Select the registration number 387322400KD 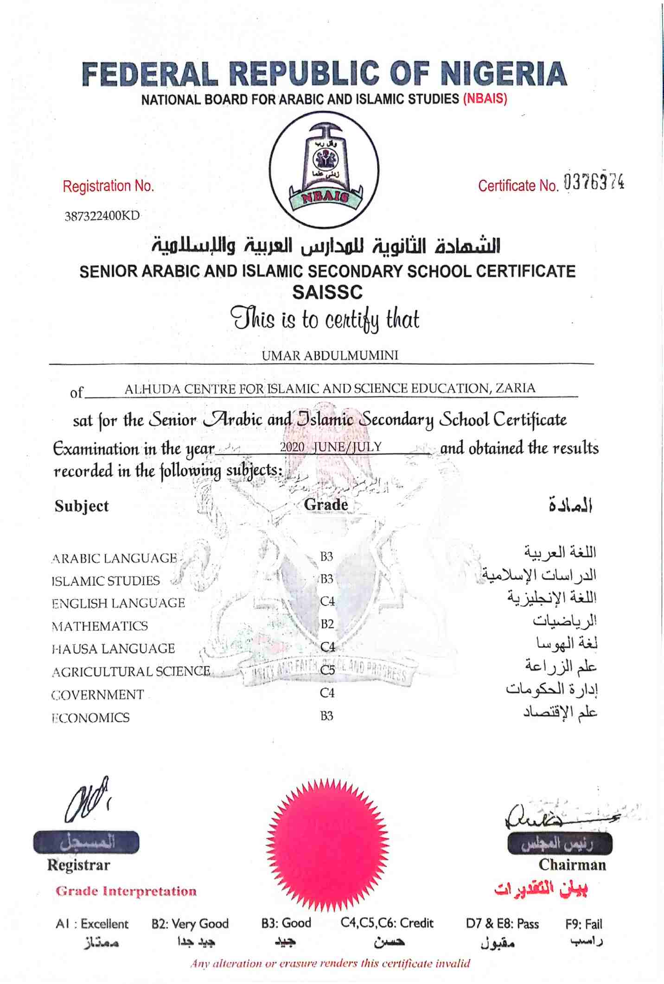pos(102,216)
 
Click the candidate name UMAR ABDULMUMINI pos(330,355)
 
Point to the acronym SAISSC pos(327,292)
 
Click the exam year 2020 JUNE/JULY pos(331,447)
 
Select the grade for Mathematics pos(327,624)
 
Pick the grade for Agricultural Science pos(327,670)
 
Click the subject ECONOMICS pos(91,718)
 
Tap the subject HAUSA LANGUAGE pos(113,649)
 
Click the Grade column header pos(326,505)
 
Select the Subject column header pos(82,506)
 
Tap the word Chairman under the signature pos(572,865)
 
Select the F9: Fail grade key pos(583,924)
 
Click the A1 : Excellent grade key pos(92,924)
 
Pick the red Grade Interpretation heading pos(126,891)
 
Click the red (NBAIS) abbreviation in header pos(485,99)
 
